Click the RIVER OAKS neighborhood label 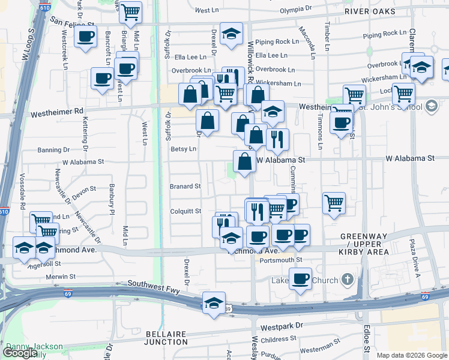point(370,11)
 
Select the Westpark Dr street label point(283,325)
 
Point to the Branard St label point(185,187)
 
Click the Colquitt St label point(185,211)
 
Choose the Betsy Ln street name point(184,149)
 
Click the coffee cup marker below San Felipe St point(85,36)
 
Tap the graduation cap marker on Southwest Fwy point(213,302)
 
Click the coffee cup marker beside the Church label point(300,278)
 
